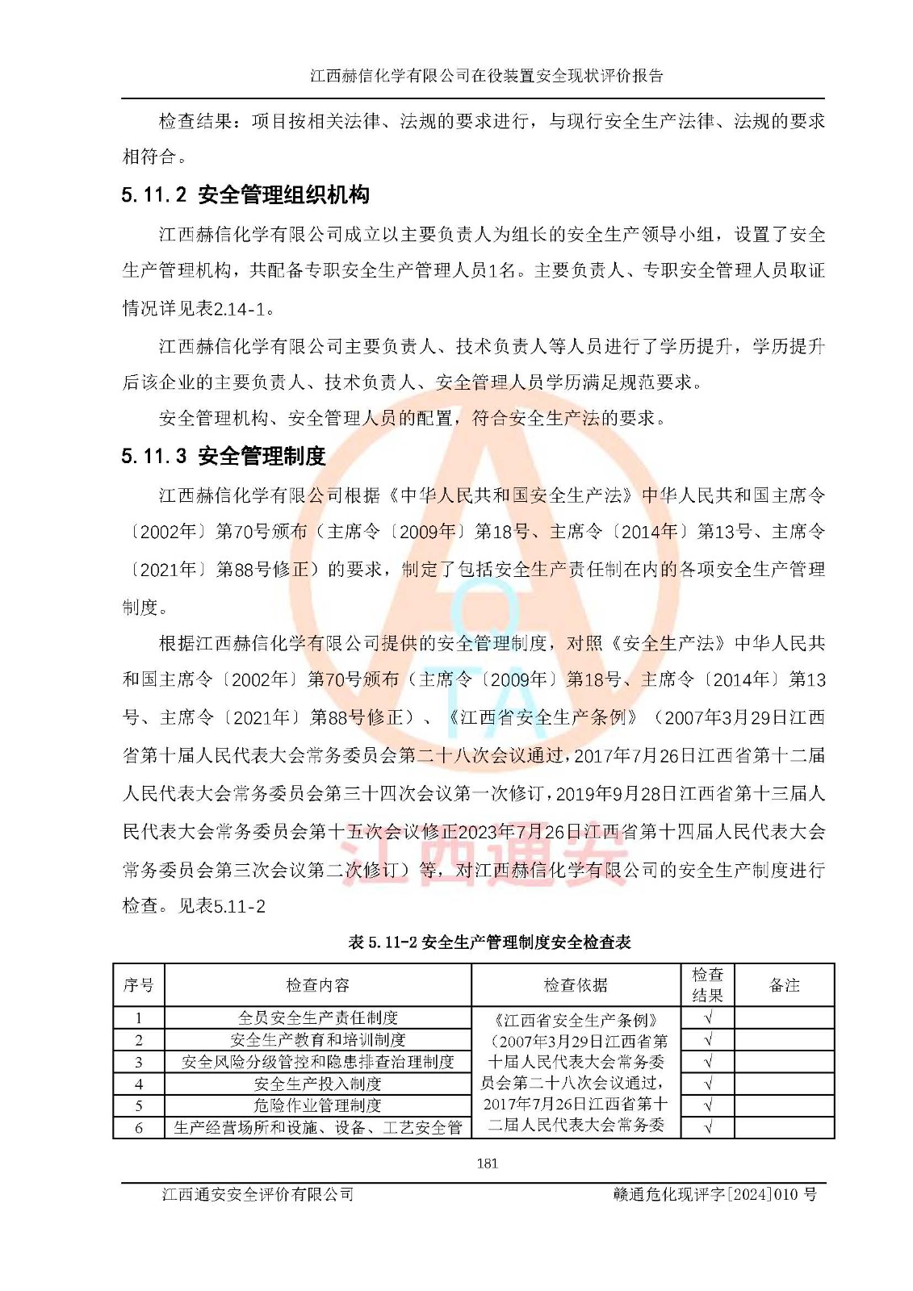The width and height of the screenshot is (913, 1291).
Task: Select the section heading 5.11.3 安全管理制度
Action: (224, 457)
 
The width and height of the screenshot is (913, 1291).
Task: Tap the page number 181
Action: (488, 1164)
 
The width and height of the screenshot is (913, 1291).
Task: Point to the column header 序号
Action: (139, 985)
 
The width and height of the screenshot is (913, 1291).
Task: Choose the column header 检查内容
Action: (318, 985)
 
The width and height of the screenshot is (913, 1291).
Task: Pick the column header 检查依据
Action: (576, 985)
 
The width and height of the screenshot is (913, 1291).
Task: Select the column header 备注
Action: (784, 985)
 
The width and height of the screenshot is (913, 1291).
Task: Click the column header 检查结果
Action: (707, 985)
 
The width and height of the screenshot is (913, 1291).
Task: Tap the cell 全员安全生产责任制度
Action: (318, 1018)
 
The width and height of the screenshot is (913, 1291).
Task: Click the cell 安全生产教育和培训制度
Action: (318, 1040)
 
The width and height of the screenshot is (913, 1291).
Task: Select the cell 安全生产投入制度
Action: (318, 1084)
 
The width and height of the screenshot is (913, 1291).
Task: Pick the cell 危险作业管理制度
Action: (318, 1105)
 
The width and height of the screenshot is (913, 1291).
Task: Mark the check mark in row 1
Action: (708, 1018)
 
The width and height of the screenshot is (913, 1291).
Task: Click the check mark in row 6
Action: (708, 1127)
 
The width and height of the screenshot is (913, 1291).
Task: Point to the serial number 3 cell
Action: (139, 1062)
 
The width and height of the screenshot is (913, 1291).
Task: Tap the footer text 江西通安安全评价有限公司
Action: (258, 1194)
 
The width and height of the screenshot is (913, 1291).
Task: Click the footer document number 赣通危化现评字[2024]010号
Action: (714, 1194)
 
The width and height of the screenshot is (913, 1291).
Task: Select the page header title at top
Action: (487, 76)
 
